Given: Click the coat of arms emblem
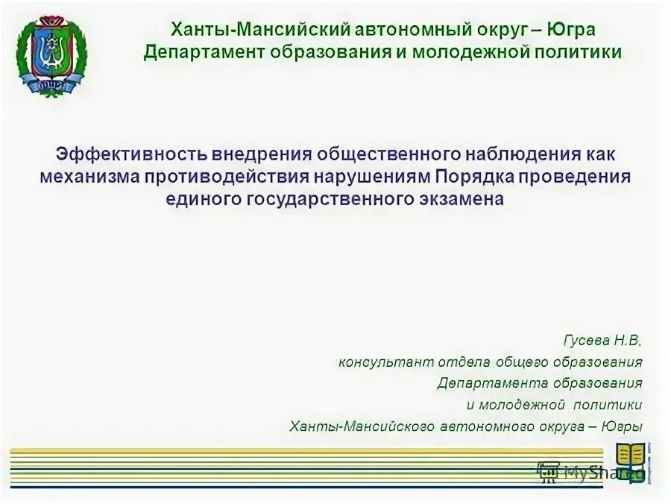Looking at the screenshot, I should [51, 54].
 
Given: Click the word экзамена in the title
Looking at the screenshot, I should [464, 199].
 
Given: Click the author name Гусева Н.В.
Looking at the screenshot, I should [602, 340].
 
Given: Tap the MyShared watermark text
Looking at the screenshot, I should [589, 472].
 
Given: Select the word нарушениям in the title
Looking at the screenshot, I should [377, 177].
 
